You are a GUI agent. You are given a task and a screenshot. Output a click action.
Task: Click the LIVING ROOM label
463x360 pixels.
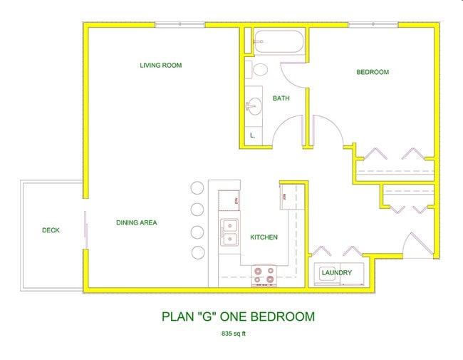click(x=160, y=66)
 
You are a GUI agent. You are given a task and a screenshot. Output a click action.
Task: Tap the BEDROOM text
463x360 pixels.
click(x=373, y=72)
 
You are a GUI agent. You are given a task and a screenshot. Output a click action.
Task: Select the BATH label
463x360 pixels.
click(x=281, y=98)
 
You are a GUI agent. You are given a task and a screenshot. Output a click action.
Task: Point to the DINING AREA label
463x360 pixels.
click(x=136, y=223)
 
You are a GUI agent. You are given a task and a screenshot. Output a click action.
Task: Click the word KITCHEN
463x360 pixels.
click(x=264, y=237)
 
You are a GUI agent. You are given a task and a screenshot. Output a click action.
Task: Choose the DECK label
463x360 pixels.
click(x=51, y=230)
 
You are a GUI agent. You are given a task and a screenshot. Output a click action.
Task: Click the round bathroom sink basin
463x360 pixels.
click(x=252, y=108)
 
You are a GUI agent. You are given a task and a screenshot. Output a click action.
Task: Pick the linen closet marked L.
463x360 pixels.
click(x=252, y=135)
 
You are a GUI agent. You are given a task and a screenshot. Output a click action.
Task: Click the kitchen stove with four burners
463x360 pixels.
click(x=264, y=275)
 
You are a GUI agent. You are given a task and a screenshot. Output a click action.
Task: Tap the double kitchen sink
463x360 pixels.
click(x=229, y=232)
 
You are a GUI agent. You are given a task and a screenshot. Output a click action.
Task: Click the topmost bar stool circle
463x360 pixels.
click(x=197, y=188)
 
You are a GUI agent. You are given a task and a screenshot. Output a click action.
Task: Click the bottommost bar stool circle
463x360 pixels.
click(x=198, y=253)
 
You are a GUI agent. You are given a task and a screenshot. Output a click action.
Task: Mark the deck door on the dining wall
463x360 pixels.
click(x=86, y=230)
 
